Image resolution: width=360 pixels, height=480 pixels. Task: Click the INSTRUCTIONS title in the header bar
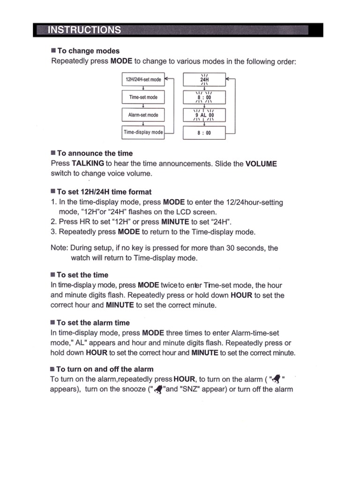coord(84,30)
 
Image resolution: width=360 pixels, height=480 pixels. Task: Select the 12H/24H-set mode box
coord(143,80)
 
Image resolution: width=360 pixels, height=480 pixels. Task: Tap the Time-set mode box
coord(143,97)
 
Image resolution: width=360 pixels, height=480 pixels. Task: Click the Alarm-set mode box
coord(143,115)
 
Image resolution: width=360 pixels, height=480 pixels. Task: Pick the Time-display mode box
coord(143,132)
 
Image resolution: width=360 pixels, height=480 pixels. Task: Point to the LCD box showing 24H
coord(204,80)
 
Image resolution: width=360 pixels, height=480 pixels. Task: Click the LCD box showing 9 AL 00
coord(204,115)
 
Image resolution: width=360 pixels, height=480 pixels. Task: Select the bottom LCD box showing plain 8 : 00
coord(204,133)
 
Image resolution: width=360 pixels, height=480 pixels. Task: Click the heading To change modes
coord(88,51)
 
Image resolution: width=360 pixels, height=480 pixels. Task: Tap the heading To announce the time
coord(95,153)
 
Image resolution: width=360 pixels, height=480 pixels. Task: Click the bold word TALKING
coord(88,164)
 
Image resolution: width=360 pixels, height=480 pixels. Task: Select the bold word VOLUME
coord(261,164)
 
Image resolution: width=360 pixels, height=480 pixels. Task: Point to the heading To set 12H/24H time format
coord(104,192)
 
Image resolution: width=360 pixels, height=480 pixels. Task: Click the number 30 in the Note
coord(231,248)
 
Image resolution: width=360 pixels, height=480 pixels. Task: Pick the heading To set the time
coord(82,275)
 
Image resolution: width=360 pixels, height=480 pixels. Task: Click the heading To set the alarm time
coord(93,322)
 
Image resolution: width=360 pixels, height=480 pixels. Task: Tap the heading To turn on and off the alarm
coord(105,369)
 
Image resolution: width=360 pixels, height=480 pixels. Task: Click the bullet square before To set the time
coord(53,275)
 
